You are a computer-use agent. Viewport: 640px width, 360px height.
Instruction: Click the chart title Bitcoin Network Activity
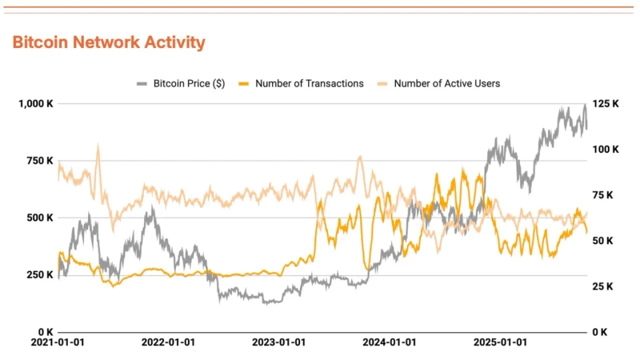pyautogui.click(x=109, y=42)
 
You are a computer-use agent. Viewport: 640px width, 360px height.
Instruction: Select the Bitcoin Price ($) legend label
pyautogui.click(x=189, y=83)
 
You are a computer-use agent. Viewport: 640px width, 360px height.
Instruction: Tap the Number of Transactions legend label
pyautogui.click(x=309, y=83)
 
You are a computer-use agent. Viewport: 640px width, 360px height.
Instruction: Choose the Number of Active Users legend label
pyautogui.click(x=447, y=83)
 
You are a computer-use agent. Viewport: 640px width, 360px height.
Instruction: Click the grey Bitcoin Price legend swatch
pyautogui.click(x=142, y=83)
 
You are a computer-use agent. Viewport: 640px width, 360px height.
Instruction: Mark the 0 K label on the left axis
pyautogui.click(x=43, y=331)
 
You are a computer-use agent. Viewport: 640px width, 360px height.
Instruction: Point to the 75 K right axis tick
pyautogui.click(x=602, y=195)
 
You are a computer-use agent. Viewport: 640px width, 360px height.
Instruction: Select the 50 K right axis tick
pyautogui.click(x=602, y=241)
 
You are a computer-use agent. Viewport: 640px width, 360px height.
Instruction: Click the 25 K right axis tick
pyautogui.click(x=602, y=286)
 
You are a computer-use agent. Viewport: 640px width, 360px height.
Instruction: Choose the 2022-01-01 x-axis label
pyautogui.click(x=168, y=342)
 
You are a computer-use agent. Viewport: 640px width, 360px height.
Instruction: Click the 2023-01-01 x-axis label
pyautogui.click(x=278, y=342)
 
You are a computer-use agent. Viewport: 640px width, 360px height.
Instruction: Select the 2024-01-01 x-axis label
pyautogui.click(x=389, y=342)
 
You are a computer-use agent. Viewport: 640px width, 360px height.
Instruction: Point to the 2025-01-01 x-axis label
pyautogui.click(x=500, y=342)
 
